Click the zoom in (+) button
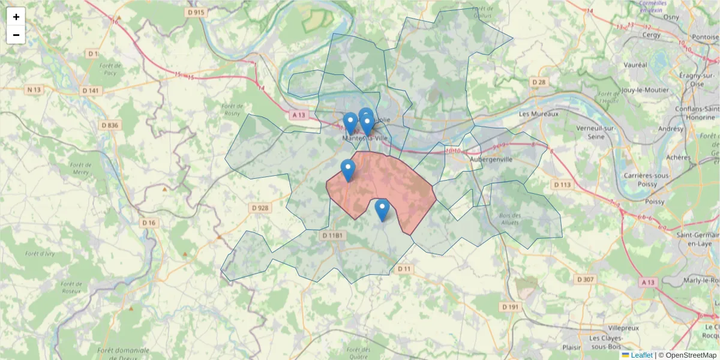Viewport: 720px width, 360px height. pyautogui.click(x=16, y=17)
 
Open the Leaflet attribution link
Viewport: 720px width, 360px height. pyautogui.click(x=641, y=355)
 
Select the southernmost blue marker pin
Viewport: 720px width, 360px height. pyautogui.click(x=382, y=211)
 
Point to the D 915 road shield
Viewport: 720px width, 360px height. pyautogui.click(x=196, y=12)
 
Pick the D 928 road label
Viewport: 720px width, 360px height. pyautogui.click(x=260, y=208)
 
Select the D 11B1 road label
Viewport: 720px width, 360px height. pyautogui.click(x=332, y=236)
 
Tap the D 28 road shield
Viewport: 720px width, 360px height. pyautogui.click(x=538, y=82)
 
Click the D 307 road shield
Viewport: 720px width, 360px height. pyautogui.click(x=584, y=279)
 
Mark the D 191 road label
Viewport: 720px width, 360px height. pyautogui.click(x=509, y=307)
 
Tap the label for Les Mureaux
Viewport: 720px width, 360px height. pyautogui.click(x=538, y=113)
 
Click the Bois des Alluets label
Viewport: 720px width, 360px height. pyautogui.click(x=509, y=218)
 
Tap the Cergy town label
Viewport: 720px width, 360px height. pyautogui.click(x=651, y=35)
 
